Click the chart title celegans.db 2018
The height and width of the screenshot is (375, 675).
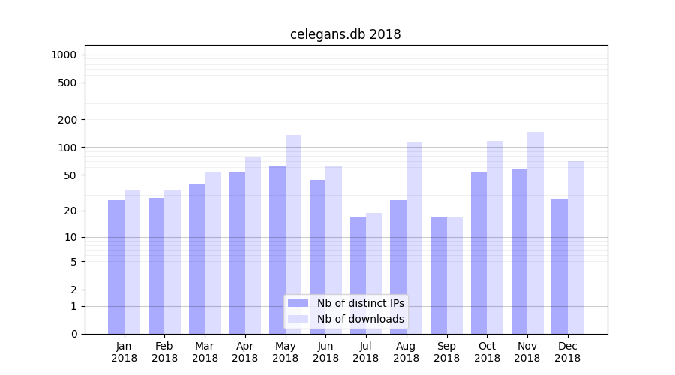345,34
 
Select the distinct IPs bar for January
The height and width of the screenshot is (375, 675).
116,266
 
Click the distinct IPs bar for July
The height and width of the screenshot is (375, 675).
358,274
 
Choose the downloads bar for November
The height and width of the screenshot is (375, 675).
535,232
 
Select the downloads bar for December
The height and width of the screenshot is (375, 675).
575,247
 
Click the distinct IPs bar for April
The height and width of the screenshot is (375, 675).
237,252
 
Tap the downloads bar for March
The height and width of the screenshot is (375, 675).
213,253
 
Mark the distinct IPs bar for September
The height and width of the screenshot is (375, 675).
438,274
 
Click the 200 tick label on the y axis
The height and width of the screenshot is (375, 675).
67,120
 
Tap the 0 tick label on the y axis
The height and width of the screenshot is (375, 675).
73,334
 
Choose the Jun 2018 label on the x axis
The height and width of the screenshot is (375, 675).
325,352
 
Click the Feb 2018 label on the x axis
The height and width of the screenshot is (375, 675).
164,352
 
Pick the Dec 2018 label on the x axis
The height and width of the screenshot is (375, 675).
567,352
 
